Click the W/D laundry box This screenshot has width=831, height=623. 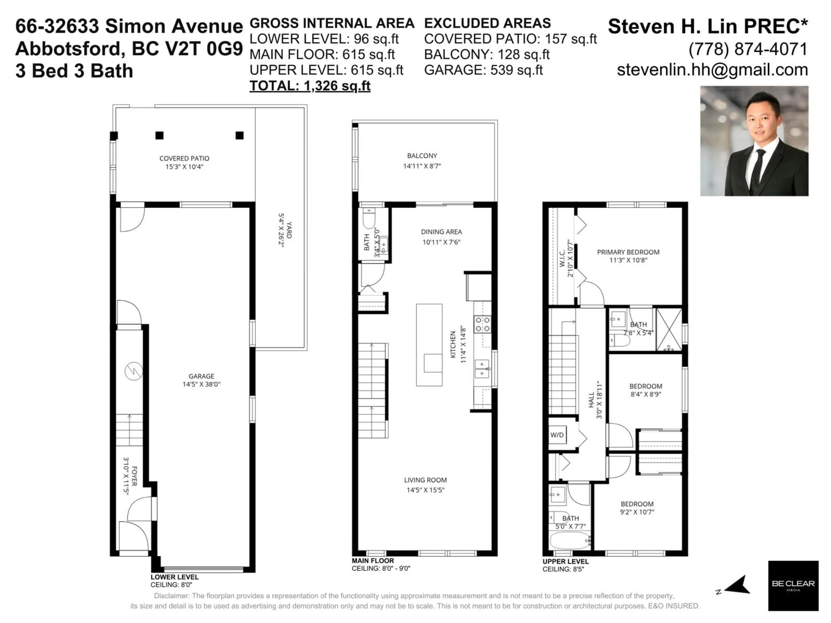pyautogui.click(x=557, y=435)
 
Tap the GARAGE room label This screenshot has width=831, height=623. pyautogui.click(x=201, y=376)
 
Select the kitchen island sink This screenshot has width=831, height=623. pyautogui.click(x=433, y=363)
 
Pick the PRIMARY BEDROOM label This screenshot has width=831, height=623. pyautogui.click(x=628, y=252)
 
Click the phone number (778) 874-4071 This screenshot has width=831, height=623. pyautogui.click(x=748, y=49)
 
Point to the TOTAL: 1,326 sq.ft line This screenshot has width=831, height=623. pyautogui.click(x=310, y=86)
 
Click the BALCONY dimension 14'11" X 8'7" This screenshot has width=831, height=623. pyautogui.click(x=422, y=166)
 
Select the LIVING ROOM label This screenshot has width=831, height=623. pyautogui.click(x=425, y=480)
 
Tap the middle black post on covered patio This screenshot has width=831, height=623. pyautogui.click(x=159, y=135)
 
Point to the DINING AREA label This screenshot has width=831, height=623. pyautogui.click(x=441, y=232)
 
